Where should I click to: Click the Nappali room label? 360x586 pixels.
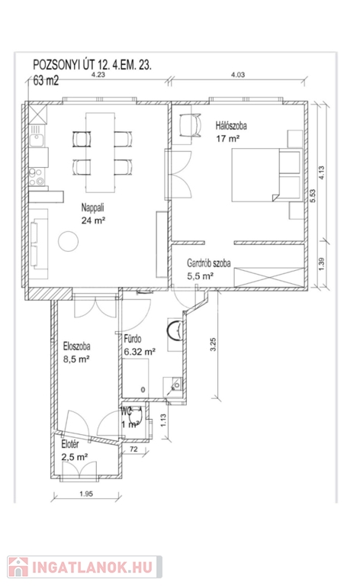[x=92, y=208]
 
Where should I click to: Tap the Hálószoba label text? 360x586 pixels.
[x=231, y=126]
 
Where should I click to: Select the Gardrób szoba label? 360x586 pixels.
[x=209, y=263]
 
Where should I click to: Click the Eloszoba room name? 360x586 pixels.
[x=76, y=346]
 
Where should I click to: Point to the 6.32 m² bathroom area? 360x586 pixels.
[x=140, y=352]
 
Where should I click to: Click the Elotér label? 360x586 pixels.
[x=70, y=444]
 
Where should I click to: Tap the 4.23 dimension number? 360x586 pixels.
[x=98, y=74]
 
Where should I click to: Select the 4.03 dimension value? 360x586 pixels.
[x=238, y=75]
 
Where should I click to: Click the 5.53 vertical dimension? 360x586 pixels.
[x=313, y=196]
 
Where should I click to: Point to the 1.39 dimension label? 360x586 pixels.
[x=323, y=264]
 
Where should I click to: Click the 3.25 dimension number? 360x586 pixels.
[x=214, y=344]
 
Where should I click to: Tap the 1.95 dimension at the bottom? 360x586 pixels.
[x=86, y=494]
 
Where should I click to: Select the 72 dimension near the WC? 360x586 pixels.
[x=133, y=449]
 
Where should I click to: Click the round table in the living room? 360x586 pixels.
[x=69, y=241]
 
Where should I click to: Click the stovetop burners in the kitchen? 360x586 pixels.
[x=37, y=177]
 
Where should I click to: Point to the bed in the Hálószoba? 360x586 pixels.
[x=267, y=175]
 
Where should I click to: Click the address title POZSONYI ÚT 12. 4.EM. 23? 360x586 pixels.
[x=92, y=65]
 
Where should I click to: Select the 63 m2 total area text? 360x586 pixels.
[x=46, y=80]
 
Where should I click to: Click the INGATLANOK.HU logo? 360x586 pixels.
[x=85, y=568]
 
